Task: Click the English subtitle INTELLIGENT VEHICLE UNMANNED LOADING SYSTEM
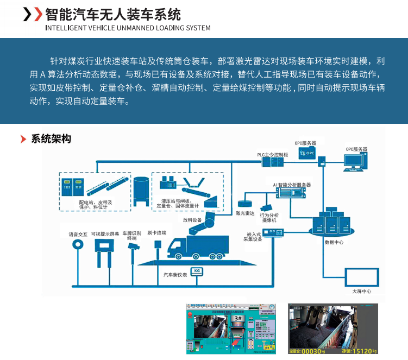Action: coord(127,28)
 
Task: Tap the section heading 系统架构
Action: coord(51,139)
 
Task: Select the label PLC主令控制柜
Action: coord(273,154)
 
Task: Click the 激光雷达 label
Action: coord(245,213)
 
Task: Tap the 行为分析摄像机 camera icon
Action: coord(266,207)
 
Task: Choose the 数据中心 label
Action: coord(333,242)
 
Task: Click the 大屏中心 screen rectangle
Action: coord(361,277)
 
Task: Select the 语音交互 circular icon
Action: coord(78,245)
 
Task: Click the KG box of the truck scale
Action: coord(197,270)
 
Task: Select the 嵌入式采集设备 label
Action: coord(253,236)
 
